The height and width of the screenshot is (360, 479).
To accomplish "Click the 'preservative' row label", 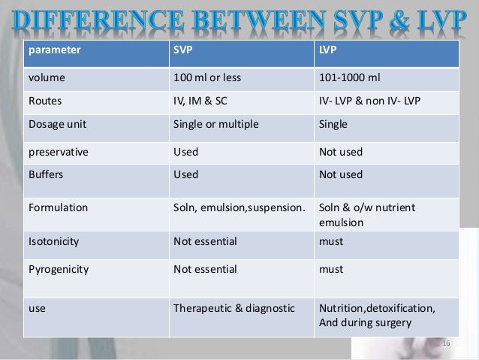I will (x=58, y=152).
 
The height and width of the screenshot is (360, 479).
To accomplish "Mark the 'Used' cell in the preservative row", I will (x=185, y=152).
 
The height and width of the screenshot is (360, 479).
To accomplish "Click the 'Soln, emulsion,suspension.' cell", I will (x=239, y=206).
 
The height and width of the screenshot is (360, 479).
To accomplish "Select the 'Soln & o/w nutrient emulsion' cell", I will (x=366, y=213).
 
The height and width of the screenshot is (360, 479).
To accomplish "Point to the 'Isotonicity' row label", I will (x=55, y=242).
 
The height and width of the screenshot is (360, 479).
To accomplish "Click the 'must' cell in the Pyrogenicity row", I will (x=331, y=268).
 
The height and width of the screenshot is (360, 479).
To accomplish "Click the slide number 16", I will (x=445, y=343).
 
